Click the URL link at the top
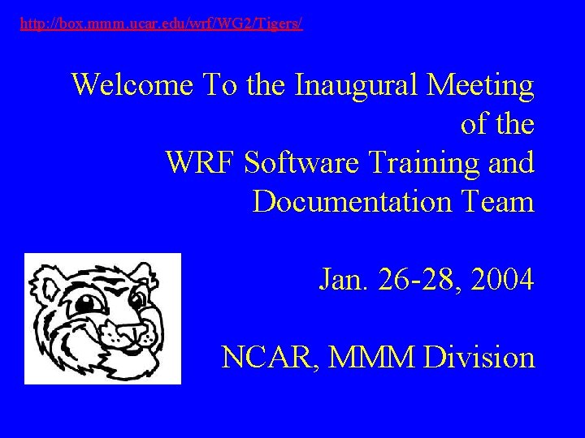point(161,25)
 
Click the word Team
point(494,201)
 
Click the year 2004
point(502,281)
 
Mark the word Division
point(479,357)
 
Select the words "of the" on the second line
point(497,124)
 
